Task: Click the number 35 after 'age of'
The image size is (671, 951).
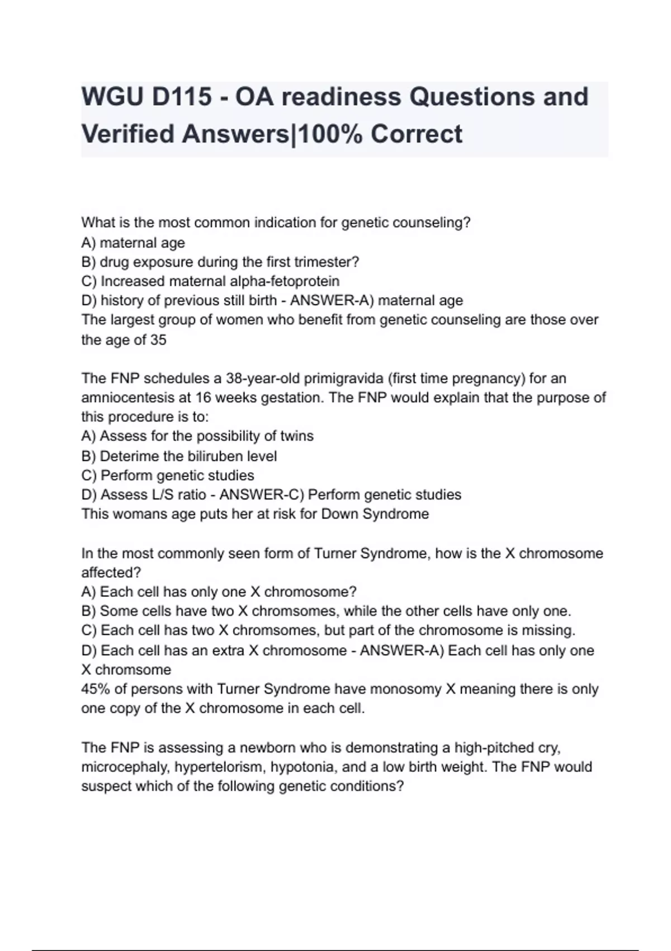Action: [158, 340]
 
